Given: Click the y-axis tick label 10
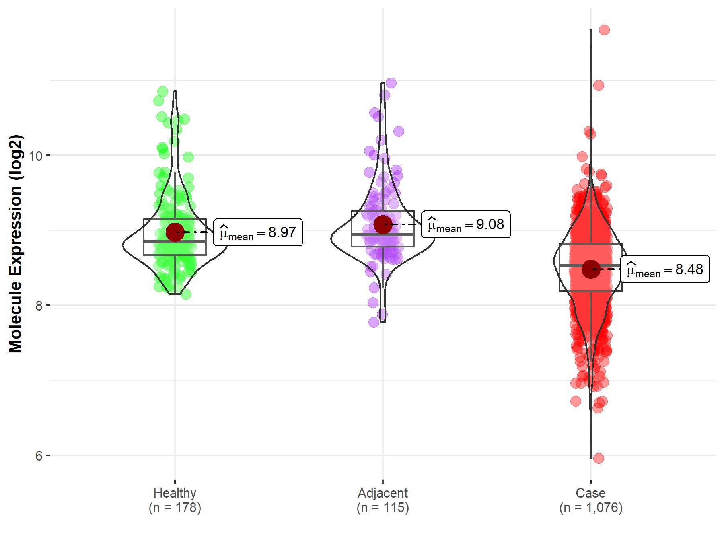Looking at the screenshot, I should [36, 156].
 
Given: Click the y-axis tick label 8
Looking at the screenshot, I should [39, 306].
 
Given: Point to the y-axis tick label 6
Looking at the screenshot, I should [39, 456].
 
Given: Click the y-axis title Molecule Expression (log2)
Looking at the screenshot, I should [15, 244].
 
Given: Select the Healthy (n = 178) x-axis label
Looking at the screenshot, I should [175, 500].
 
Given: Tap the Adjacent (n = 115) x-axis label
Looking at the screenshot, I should [383, 500].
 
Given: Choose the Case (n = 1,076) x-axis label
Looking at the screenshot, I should [590, 500].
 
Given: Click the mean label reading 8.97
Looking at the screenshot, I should [258, 232].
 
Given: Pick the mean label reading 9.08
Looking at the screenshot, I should [466, 224].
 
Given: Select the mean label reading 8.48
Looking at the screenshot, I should [665, 269].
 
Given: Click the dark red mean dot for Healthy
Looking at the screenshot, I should [175, 232].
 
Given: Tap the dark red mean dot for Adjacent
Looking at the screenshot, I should [383, 224].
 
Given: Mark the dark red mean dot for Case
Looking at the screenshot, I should [590, 269].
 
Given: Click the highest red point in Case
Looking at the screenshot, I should [604, 30].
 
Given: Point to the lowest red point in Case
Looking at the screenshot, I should [599, 458].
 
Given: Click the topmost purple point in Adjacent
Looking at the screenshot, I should [391, 83].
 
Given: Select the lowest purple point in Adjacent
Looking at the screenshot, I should [374, 322].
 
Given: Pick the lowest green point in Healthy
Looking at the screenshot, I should [186, 294].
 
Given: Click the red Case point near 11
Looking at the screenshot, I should [599, 85].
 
